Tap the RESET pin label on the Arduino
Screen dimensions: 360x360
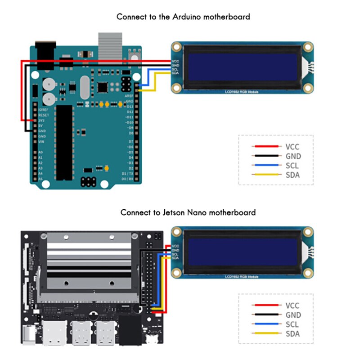[x=44, y=115]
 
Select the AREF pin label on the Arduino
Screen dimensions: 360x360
[x=129, y=96]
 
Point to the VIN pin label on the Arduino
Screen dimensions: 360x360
[x=41, y=142]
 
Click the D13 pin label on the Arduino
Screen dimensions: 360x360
[x=130, y=106]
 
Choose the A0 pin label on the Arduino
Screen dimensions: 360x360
[x=40, y=153]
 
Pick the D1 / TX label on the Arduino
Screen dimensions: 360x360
[x=128, y=173]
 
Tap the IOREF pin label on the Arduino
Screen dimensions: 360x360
[x=44, y=110]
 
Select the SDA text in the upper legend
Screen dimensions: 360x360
[x=292, y=175]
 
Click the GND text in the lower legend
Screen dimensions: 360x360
[x=293, y=315]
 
